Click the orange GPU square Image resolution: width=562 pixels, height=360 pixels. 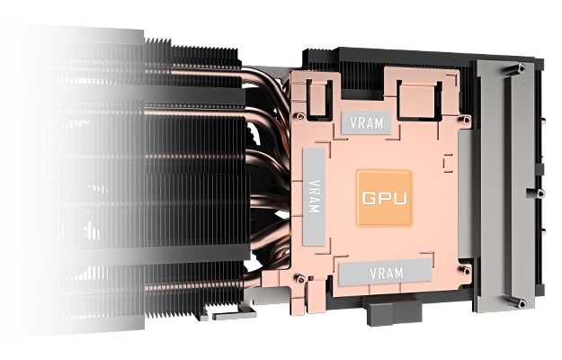(x=384, y=198)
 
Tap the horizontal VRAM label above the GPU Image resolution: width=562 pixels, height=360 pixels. (x=366, y=122)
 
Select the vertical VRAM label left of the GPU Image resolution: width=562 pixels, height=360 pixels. (x=314, y=196)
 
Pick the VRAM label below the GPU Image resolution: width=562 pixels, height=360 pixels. (x=385, y=273)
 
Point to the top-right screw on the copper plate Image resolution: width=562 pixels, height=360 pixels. (x=467, y=120)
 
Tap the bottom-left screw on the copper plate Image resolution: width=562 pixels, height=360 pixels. (x=299, y=279)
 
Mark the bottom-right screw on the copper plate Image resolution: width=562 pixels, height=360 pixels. (x=466, y=270)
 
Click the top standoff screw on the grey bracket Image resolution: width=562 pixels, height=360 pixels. (x=521, y=67)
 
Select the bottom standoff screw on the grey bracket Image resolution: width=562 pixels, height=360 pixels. (x=521, y=303)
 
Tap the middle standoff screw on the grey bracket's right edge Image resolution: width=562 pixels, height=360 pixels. (x=539, y=193)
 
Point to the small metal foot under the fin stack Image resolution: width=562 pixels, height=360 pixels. (x=234, y=315)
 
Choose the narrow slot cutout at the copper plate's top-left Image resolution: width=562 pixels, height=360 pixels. (x=318, y=98)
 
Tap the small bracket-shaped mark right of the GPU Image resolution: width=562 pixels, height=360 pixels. (x=448, y=163)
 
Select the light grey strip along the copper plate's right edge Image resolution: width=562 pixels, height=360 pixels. (x=465, y=193)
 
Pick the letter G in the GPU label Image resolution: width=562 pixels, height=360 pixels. (x=369, y=198)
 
